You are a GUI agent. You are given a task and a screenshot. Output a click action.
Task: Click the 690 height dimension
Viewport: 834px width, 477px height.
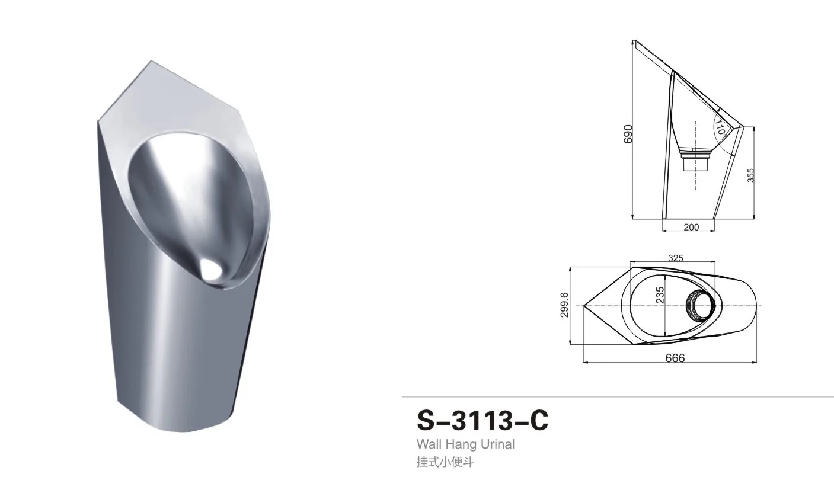click(x=629, y=133)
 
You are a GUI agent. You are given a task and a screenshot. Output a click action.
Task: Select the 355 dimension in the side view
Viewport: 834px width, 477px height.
click(x=750, y=175)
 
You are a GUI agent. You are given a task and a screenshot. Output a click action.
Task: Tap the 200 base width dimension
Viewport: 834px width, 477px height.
click(x=691, y=227)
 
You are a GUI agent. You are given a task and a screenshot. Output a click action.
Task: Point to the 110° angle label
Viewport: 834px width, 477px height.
click(x=720, y=127)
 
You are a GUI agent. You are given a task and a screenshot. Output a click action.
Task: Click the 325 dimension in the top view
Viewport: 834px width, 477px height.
click(x=676, y=258)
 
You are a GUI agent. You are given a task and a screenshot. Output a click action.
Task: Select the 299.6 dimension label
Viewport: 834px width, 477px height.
click(x=565, y=305)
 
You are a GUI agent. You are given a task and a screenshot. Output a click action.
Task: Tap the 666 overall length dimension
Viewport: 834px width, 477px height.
click(x=675, y=358)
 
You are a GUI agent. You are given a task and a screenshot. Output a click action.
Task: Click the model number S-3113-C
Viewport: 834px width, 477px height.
click(x=482, y=420)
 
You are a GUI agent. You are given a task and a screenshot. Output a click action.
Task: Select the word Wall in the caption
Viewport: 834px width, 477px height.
click(x=429, y=444)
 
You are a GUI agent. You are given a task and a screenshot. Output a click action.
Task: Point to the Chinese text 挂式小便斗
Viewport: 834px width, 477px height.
click(x=445, y=462)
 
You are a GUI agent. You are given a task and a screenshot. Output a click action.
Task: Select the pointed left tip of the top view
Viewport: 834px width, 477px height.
click(x=586, y=306)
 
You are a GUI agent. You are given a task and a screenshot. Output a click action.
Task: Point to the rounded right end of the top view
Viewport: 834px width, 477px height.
click(x=756, y=306)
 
